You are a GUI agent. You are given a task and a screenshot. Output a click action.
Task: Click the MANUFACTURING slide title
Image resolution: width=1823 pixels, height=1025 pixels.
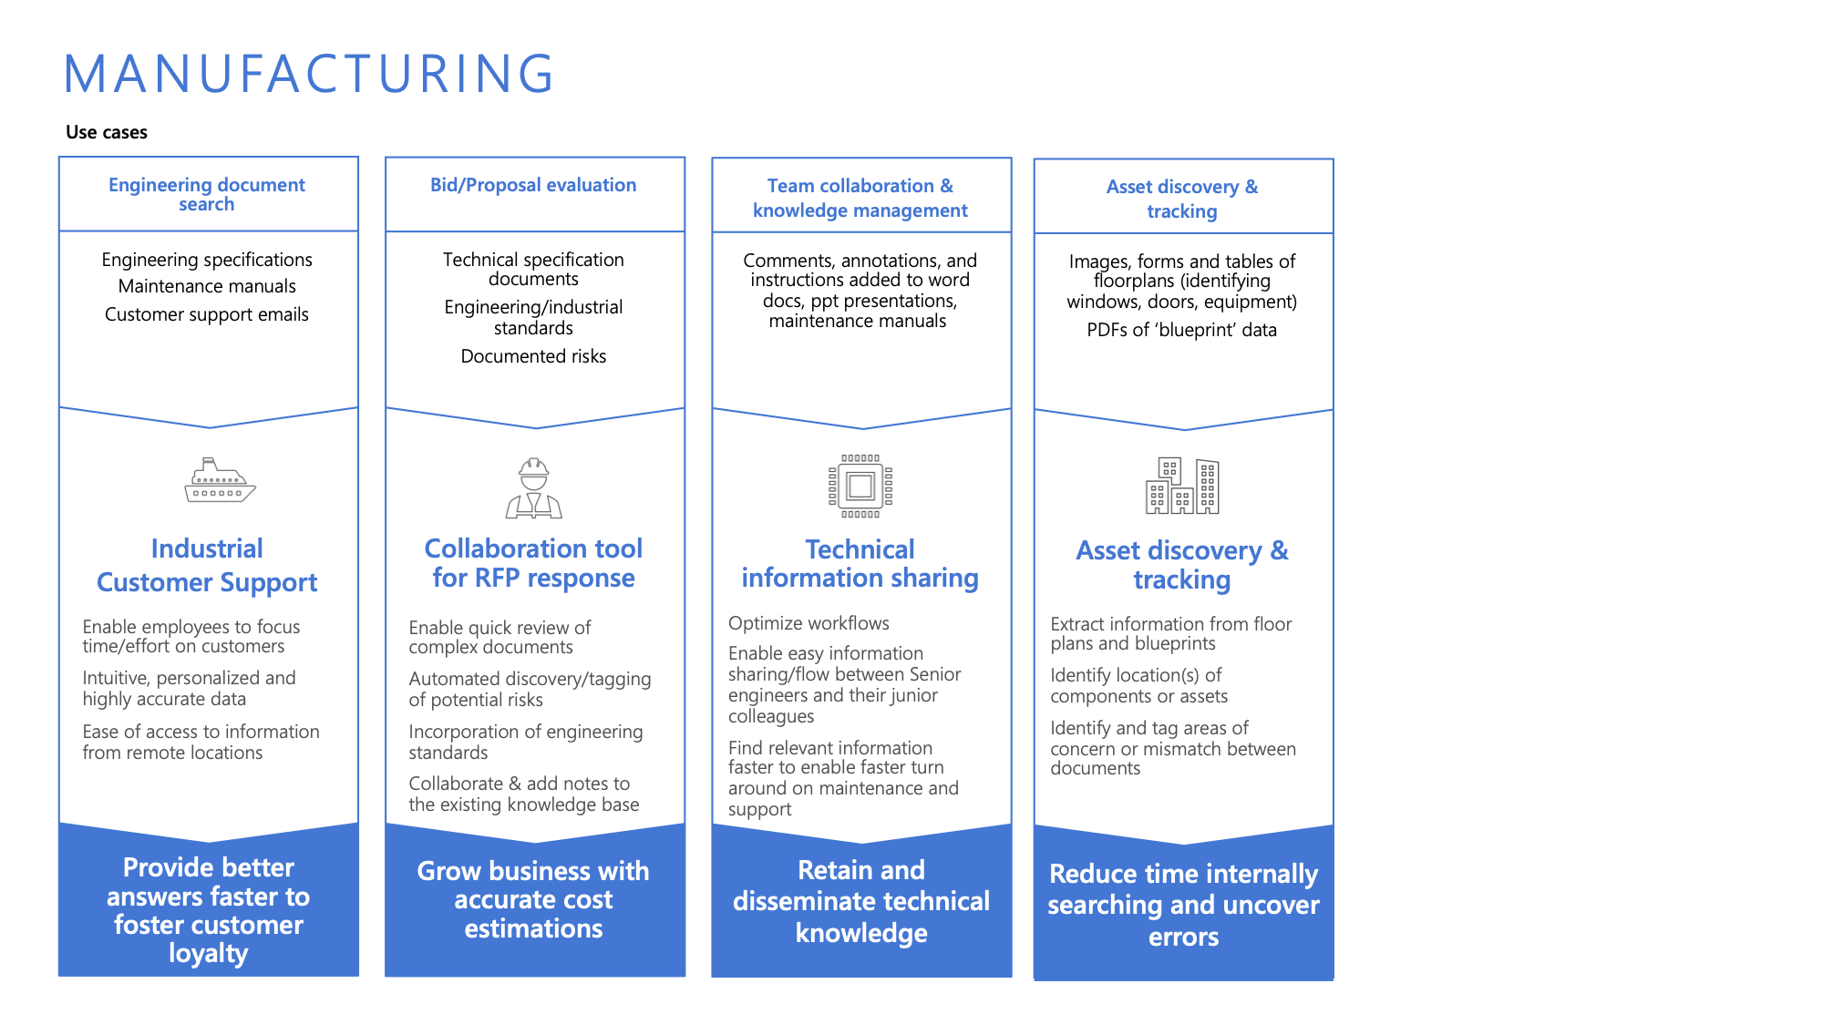pyautogui.click(x=309, y=74)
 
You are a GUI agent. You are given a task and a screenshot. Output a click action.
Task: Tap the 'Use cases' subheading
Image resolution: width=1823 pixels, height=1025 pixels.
pyautogui.click(x=107, y=132)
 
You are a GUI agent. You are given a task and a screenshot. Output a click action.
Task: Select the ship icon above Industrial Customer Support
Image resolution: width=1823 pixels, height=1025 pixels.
pyautogui.click(x=220, y=480)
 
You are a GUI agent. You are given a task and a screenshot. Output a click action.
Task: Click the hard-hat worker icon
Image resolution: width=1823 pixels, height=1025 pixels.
pyautogui.click(x=534, y=488)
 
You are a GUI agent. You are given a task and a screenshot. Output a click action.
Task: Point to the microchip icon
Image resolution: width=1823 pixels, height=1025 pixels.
pyautogui.click(x=860, y=486)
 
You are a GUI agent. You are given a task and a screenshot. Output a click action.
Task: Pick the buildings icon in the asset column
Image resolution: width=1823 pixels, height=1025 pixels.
pyautogui.click(x=1182, y=486)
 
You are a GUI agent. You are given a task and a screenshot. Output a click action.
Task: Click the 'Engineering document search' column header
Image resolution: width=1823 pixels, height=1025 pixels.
pyautogui.click(x=207, y=194)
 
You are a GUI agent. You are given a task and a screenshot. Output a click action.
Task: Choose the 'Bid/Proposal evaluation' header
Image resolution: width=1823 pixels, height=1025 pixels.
pyautogui.click(x=533, y=185)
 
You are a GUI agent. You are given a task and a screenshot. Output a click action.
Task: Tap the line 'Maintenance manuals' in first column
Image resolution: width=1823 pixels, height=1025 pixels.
pyautogui.click(x=207, y=286)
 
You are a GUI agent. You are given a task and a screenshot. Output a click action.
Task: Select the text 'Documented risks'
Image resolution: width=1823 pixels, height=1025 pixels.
pyautogui.click(x=533, y=356)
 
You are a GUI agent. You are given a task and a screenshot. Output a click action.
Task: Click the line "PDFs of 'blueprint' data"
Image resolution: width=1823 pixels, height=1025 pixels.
pyautogui.click(x=1181, y=330)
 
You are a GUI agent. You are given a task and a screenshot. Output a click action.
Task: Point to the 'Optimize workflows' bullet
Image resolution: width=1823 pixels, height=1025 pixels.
pyautogui.click(x=809, y=623)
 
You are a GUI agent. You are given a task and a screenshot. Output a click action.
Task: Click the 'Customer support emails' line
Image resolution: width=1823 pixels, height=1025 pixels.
pyautogui.click(x=207, y=314)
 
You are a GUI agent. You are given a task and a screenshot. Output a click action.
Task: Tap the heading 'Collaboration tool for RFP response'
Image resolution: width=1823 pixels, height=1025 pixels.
pyautogui.click(x=533, y=563)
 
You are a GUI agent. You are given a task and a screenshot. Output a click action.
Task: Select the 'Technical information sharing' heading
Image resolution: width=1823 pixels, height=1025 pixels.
pyautogui.click(x=860, y=564)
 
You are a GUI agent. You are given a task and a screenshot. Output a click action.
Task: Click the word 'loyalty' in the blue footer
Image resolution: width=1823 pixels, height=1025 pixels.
pyautogui.click(x=208, y=953)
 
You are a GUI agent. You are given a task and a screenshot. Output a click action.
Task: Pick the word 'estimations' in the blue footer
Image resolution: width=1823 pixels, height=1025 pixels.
pyautogui.click(x=533, y=928)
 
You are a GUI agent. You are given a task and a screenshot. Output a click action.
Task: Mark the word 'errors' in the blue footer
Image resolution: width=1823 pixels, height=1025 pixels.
pyautogui.click(x=1183, y=937)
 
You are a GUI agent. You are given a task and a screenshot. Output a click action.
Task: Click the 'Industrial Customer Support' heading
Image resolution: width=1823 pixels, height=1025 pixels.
pyautogui.click(x=207, y=566)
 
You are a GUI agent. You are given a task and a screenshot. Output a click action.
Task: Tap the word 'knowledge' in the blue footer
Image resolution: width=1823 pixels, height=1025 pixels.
pyautogui.click(x=861, y=933)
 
